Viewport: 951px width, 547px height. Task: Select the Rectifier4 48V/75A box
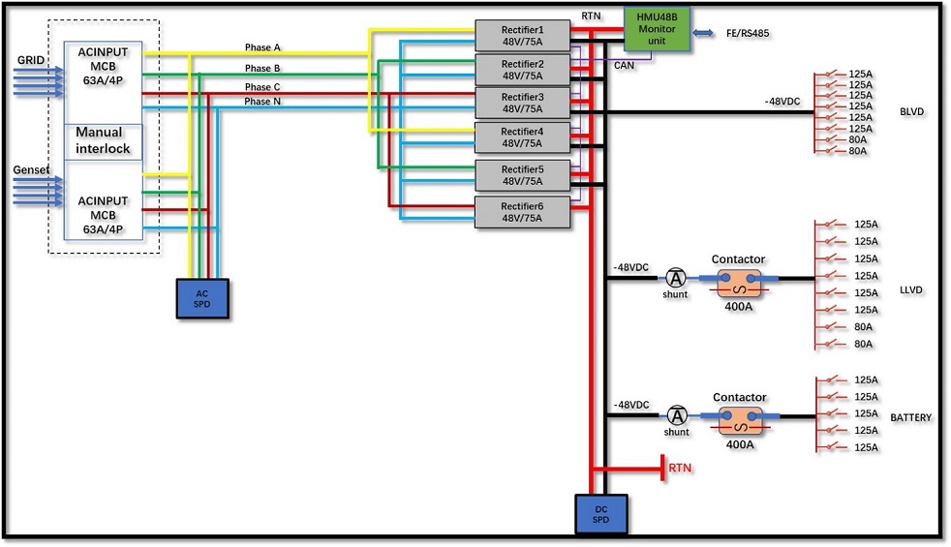[522, 137]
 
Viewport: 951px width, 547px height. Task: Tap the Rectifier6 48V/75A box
[522, 212]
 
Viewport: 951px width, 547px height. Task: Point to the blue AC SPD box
[201, 298]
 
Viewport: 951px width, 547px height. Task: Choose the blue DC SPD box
[601, 514]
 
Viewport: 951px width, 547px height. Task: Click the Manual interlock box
[104, 141]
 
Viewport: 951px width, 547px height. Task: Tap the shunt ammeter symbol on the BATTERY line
[677, 416]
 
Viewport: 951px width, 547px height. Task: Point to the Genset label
[32, 169]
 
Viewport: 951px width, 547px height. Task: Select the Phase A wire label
[262, 46]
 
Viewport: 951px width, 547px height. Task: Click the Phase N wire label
[262, 101]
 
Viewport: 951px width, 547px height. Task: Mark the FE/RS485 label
[749, 34]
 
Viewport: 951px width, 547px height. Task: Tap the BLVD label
[911, 112]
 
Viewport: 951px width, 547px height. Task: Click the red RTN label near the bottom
[681, 469]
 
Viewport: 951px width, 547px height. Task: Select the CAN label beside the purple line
[625, 66]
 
